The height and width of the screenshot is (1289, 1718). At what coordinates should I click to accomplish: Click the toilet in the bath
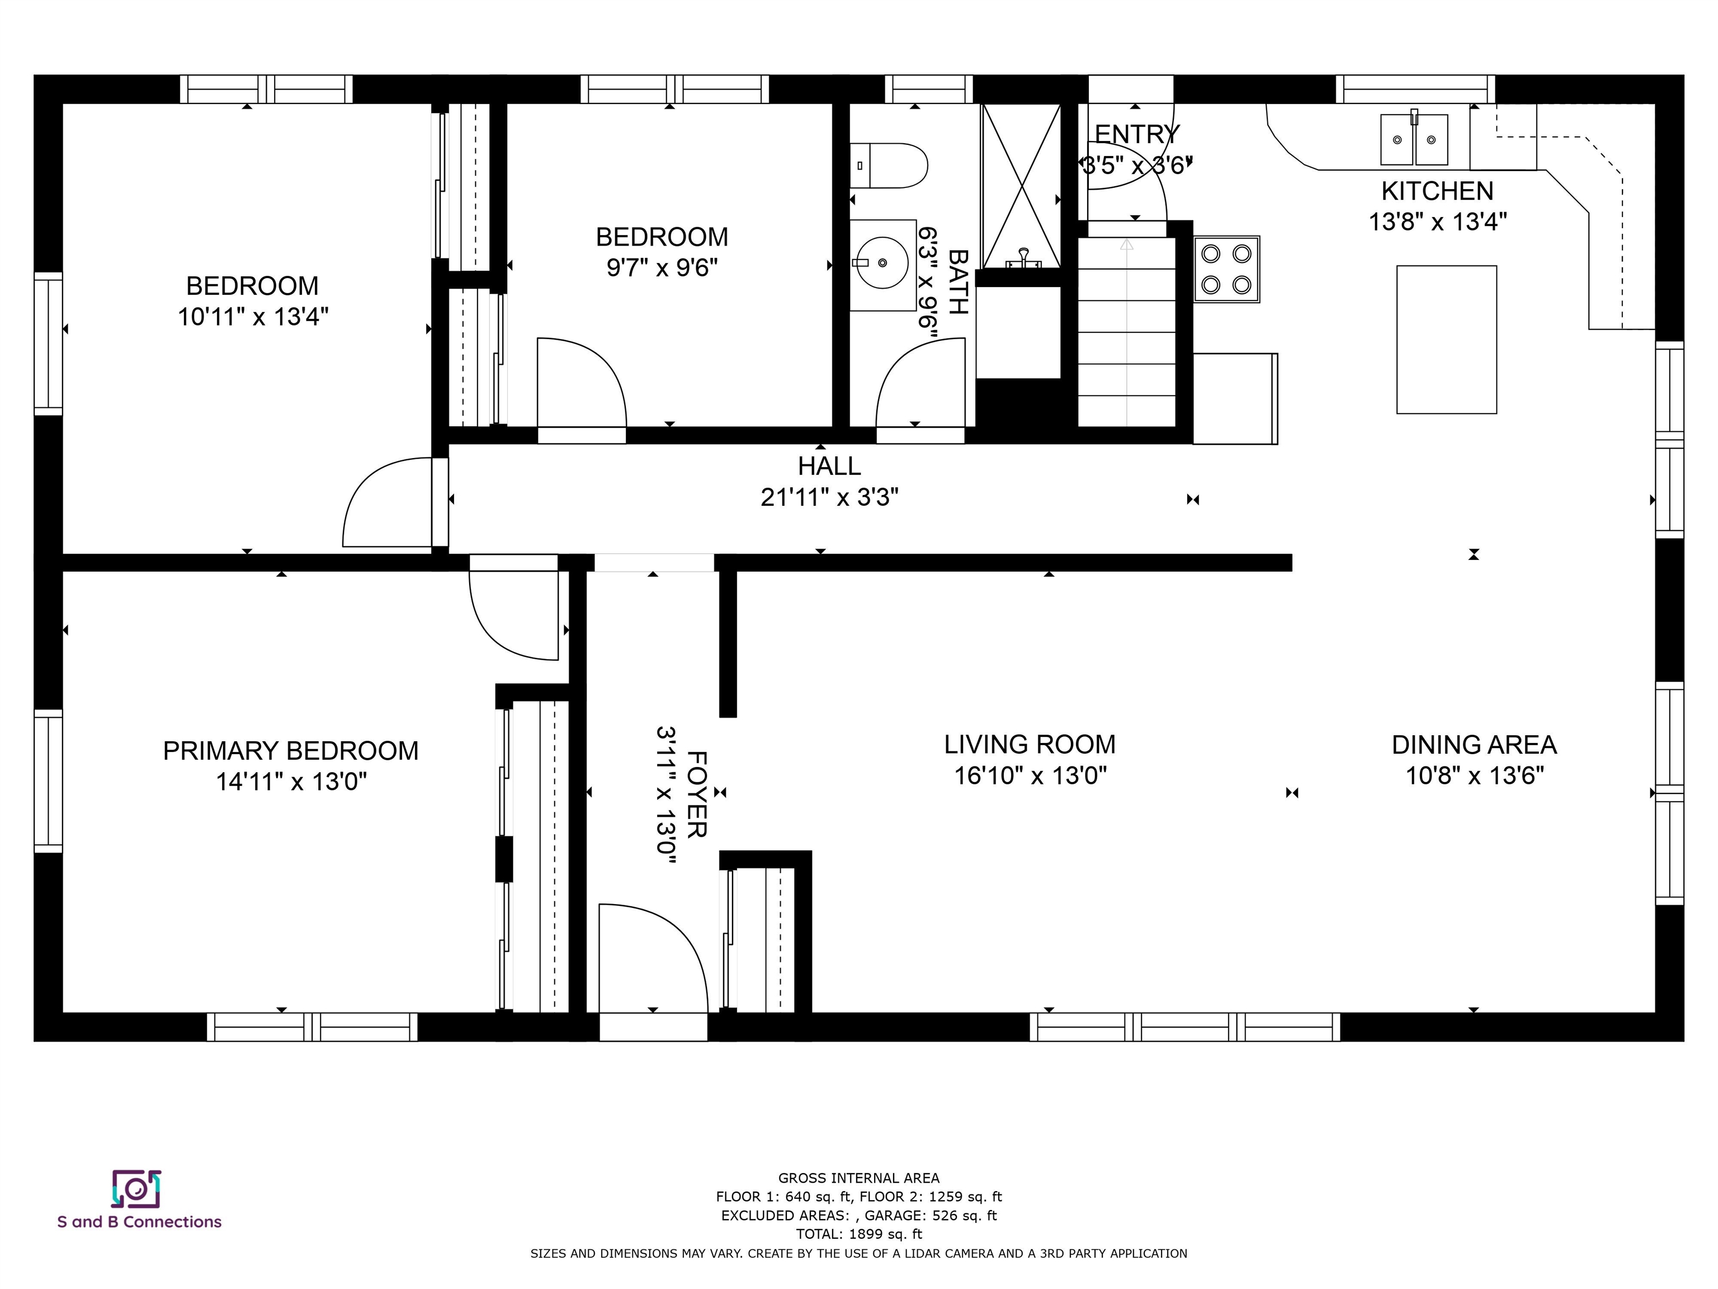tap(889, 166)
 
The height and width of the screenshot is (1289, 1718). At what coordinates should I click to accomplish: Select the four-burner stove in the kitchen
tap(1226, 270)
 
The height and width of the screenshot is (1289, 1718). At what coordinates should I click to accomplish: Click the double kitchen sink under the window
tap(1414, 140)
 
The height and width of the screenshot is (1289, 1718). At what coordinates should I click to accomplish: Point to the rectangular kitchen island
tap(1446, 340)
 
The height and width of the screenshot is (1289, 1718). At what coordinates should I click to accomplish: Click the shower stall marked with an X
tap(1021, 186)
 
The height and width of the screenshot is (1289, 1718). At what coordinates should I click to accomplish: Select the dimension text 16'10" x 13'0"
tap(1030, 775)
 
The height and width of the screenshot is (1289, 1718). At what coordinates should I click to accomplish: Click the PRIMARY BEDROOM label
tap(290, 751)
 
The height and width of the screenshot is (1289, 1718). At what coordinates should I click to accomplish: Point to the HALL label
tap(829, 466)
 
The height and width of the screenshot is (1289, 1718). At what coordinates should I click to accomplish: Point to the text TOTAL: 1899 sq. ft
tap(858, 1234)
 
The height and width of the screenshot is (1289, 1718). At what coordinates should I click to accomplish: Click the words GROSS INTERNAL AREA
tap(858, 1178)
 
